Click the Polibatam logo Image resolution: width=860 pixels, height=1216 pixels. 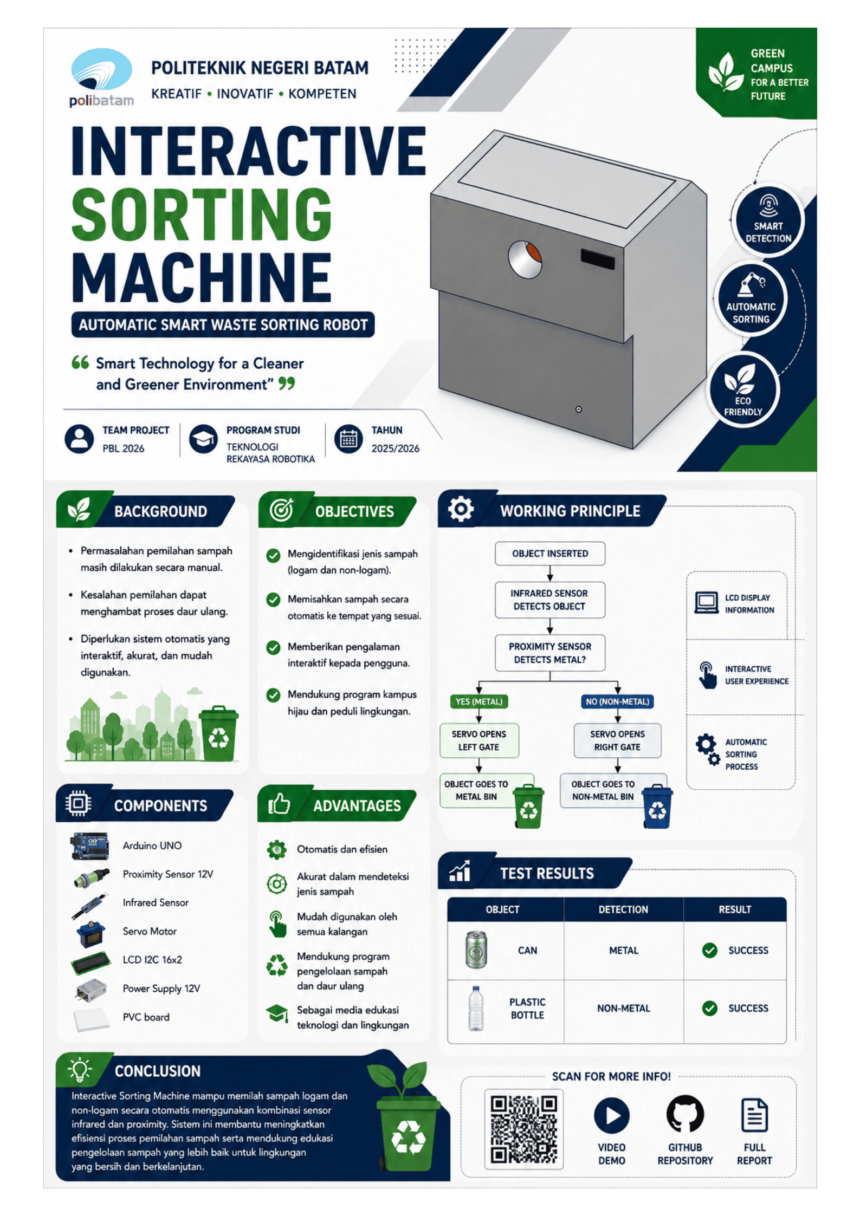click(x=101, y=78)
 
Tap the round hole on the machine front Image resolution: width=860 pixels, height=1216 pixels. click(x=525, y=259)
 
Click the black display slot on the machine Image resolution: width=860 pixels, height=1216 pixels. click(x=597, y=258)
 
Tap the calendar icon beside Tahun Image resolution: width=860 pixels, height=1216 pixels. click(x=348, y=439)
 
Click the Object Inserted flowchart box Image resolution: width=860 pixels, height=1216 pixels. click(x=549, y=553)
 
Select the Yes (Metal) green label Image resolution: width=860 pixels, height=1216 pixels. click(x=479, y=701)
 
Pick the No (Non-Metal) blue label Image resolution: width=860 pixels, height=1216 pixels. click(x=617, y=701)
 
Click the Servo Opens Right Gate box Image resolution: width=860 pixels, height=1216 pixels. click(x=617, y=740)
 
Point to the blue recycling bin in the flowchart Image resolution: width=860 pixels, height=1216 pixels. click(x=656, y=805)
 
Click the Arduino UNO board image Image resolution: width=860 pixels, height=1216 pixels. click(x=89, y=846)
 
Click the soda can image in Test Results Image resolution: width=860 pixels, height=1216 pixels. click(x=476, y=949)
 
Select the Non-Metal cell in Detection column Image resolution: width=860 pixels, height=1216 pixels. click(x=623, y=1007)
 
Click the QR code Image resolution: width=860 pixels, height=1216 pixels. click(x=523, y=1129)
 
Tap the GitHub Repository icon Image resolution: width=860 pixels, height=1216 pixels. click(x=684, y=1114)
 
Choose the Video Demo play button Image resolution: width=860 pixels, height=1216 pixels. click(x=611, y=1115)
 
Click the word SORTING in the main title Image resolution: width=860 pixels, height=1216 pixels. click(x=201, y=214)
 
